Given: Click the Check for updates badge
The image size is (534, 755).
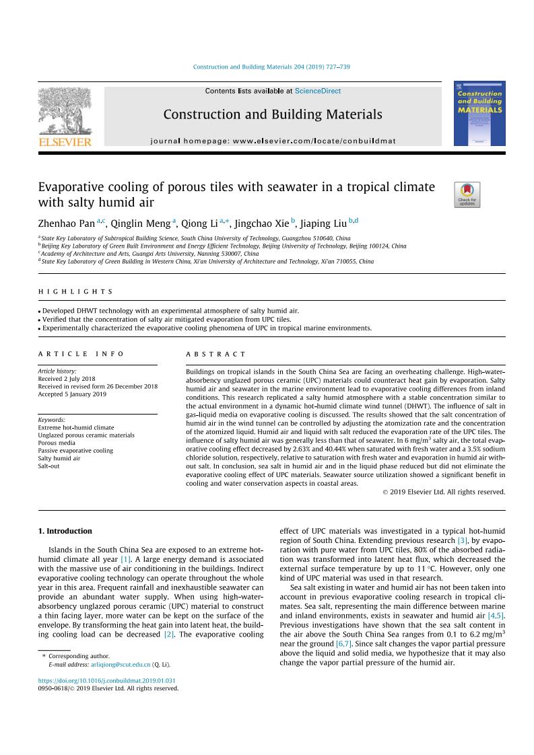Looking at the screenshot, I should [467, 194].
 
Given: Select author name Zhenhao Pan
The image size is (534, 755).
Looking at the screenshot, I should [67, 223].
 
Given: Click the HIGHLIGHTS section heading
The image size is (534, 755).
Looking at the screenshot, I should [76, 291].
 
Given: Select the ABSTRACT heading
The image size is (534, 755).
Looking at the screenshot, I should [215, 354].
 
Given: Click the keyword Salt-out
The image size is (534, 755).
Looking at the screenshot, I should [48, 466].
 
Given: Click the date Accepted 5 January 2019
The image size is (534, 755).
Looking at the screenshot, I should [72, 394].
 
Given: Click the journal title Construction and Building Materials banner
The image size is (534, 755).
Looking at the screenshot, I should [272, 115].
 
